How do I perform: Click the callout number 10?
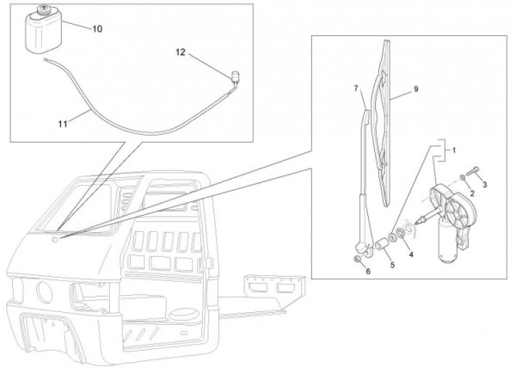pyautogui.click(x=96, y=28)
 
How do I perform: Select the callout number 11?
pyautogui.click(x=64, y=124)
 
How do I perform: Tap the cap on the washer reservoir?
pyautogui.click(x=41, y=12)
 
